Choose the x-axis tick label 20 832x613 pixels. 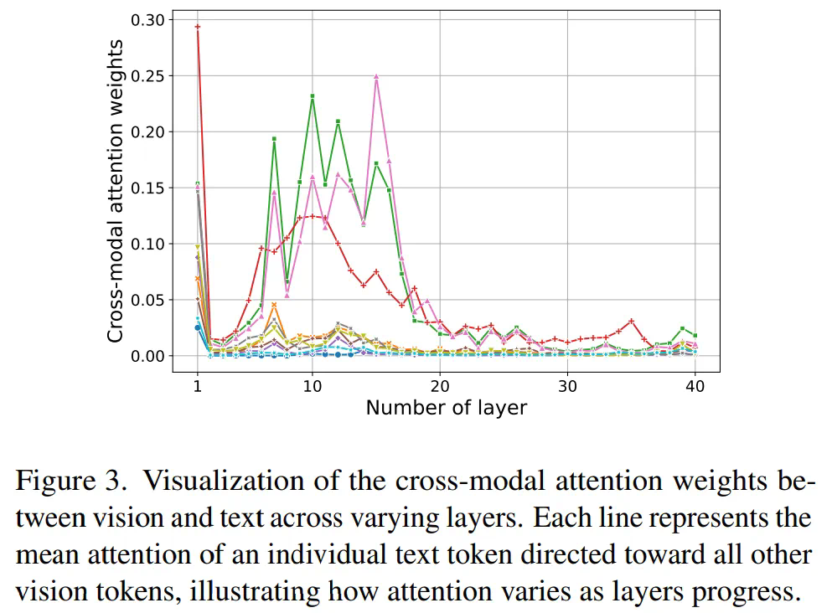click(x=440, y=386)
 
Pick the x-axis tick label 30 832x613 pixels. click(x=568, y=386)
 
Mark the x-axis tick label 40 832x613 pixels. click(x=695, y=386)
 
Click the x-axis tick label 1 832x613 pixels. click(x=198, y=386)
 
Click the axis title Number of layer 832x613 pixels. click(x=446, y=409)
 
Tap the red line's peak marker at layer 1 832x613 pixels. click(x=198, y=27)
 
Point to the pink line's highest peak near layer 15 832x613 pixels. click(x=376, y=76)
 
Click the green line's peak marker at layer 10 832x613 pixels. click(x=313, y=96)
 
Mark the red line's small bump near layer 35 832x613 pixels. click(x=632, y=321)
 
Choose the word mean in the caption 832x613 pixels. click(x=44, y=555)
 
